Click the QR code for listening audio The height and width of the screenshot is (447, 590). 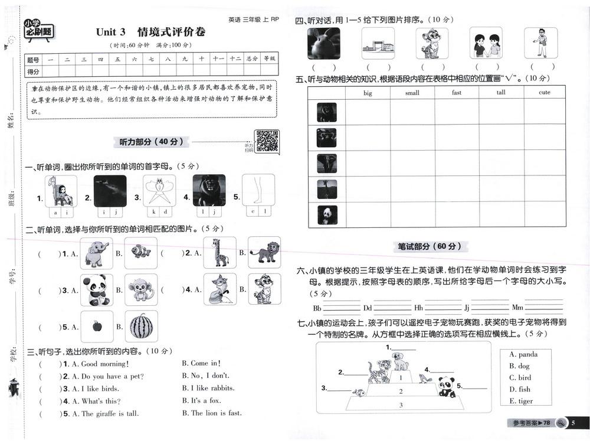(267, 141)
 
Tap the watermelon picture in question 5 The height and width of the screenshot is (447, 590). (141, 326)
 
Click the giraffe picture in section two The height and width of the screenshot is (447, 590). (219, 253)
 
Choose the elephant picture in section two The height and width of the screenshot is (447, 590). (96, 253)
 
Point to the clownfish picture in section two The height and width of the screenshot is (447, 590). (141, 253)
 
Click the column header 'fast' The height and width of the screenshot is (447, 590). (457, 93)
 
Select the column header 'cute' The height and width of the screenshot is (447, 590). (545, 93)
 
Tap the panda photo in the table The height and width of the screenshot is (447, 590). (326, 214)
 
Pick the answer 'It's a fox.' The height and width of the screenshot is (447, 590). (202, 401)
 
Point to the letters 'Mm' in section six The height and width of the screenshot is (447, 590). (517, 308)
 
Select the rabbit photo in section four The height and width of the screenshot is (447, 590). (323, 43)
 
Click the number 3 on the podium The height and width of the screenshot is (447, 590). (401, 404)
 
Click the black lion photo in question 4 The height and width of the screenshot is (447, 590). (209, 190)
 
